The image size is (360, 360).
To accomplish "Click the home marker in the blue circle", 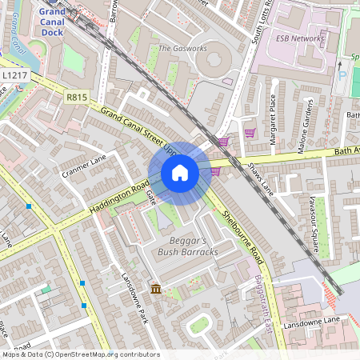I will pos(180,173).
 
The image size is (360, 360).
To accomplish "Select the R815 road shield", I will pos(77,96).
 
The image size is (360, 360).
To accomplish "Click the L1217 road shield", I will pos(14,74).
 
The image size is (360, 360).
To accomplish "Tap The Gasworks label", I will pos(182,49).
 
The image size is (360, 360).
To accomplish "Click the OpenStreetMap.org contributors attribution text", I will pos(103,354).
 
